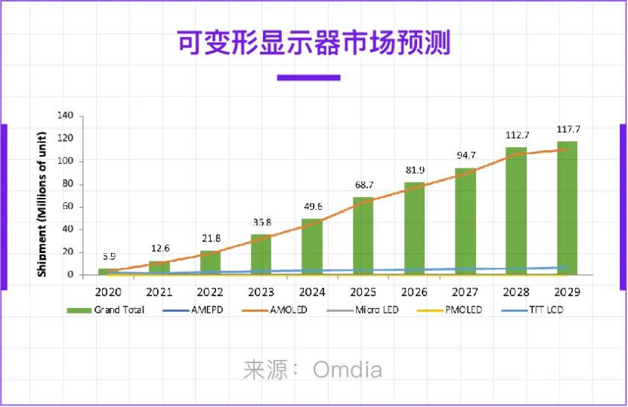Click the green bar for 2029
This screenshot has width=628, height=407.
[x=567, y=208]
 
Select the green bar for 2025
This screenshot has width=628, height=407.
[x=363, y=236]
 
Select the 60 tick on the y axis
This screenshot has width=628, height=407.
[x=68, y=206]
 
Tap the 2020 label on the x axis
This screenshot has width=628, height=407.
[x=108, y=291]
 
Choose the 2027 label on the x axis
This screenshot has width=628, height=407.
[x=465, y=291]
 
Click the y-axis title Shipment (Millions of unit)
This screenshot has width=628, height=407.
[x=42, y=195]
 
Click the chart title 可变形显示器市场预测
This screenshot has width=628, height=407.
[x=313, y=43]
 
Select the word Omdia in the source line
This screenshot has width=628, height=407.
[x=347, y=370]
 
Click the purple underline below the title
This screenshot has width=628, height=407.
[x=308, y=77]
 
